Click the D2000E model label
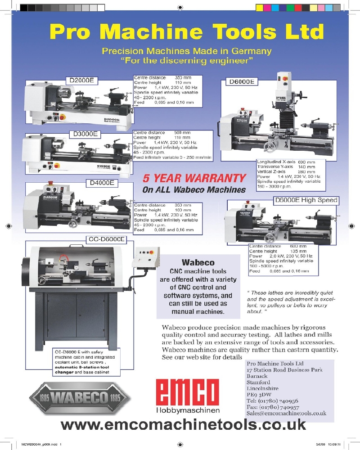[81, 81]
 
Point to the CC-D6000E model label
[105, 239]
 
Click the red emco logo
[187, 391]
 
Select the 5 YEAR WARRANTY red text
[194, 178]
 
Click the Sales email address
[286, 413]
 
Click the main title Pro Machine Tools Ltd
[187, 32]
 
